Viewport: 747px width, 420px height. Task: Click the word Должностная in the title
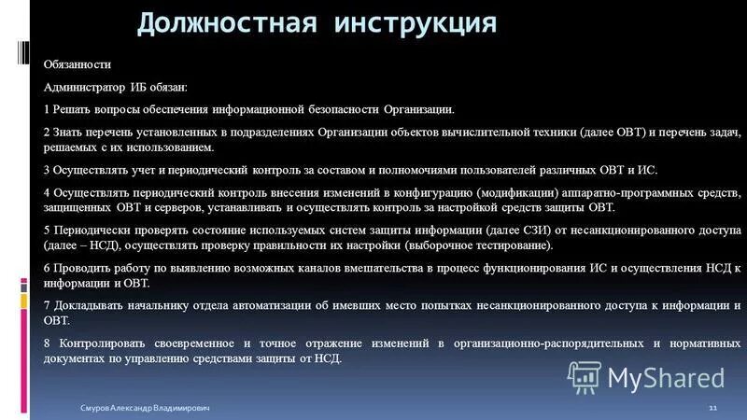tap(220, 22)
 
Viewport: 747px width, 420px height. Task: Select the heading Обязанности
tap(77, 64)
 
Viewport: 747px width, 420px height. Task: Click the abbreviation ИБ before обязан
tap(140, 87)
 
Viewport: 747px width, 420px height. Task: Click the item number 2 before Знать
tap(47, 133)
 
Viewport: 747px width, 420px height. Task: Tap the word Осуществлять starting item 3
tap(92, 171)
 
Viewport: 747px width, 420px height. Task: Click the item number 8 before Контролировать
tap(47, 343)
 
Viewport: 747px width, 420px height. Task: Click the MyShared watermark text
tap(666, 377)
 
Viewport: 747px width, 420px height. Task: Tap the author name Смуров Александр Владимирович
tap(145, 409)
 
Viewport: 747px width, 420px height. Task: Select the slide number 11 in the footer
tap(712, 409)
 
